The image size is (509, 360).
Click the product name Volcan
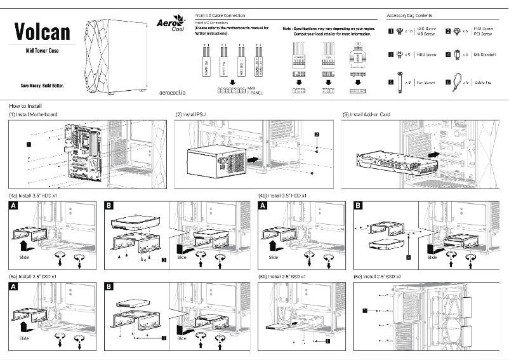coord(42,31)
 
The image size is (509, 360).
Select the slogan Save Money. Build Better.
coord(42,85)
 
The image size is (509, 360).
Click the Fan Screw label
coord(425,83)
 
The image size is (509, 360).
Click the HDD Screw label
coord(425,55)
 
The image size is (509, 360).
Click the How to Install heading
coord(27,105)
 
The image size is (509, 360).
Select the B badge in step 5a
coord(109,288)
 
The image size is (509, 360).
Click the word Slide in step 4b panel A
coord(273,257)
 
